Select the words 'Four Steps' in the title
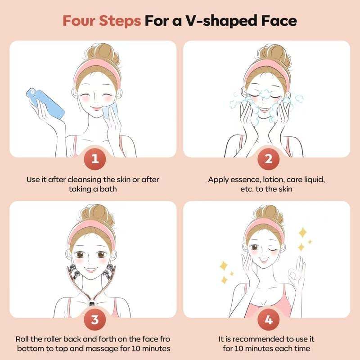pos(101,21)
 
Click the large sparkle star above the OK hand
pos(302,233)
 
